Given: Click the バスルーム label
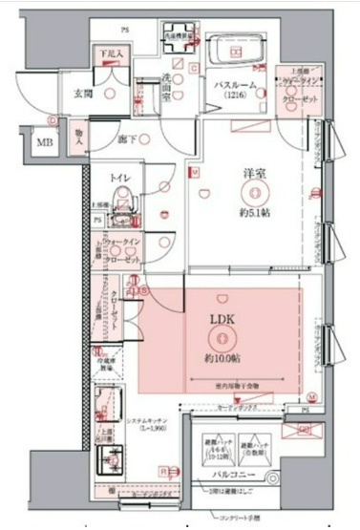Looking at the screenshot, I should pos(233,85).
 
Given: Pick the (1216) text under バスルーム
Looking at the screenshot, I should pos(232,96).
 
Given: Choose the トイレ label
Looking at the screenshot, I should pos(119,178).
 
